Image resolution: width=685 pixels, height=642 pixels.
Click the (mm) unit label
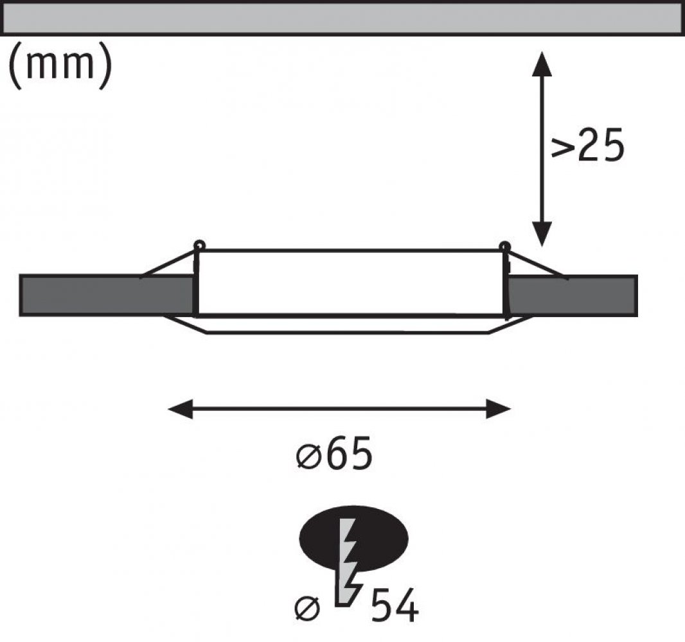point(60,65)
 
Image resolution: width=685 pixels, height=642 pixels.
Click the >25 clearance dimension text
point(587,145)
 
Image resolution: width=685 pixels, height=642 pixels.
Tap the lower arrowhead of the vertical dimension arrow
point(542,234)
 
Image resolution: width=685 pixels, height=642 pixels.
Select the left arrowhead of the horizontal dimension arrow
point(181,409)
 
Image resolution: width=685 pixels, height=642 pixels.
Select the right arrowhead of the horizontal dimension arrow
point(498,409)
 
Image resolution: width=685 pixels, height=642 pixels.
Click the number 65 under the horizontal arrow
point(350,453)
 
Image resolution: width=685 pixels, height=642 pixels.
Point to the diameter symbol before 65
point(309,457)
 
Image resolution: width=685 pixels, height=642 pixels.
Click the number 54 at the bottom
point(395,605)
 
